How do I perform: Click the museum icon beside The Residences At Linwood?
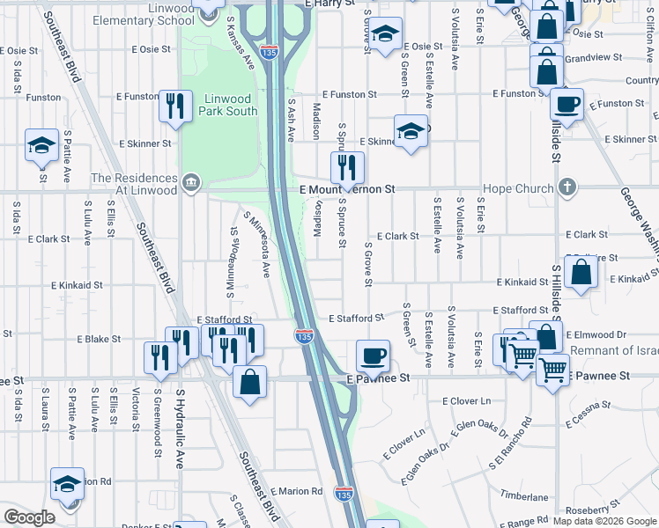[190, 183]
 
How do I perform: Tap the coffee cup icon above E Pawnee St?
[373, 356]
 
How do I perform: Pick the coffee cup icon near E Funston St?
[566, 104]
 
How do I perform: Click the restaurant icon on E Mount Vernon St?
[347, 167]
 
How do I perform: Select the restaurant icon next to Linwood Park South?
[176, 106]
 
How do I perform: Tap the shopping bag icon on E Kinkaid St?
[582, 273]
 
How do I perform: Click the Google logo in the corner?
[29, 517]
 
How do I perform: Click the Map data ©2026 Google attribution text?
[604, 520]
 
